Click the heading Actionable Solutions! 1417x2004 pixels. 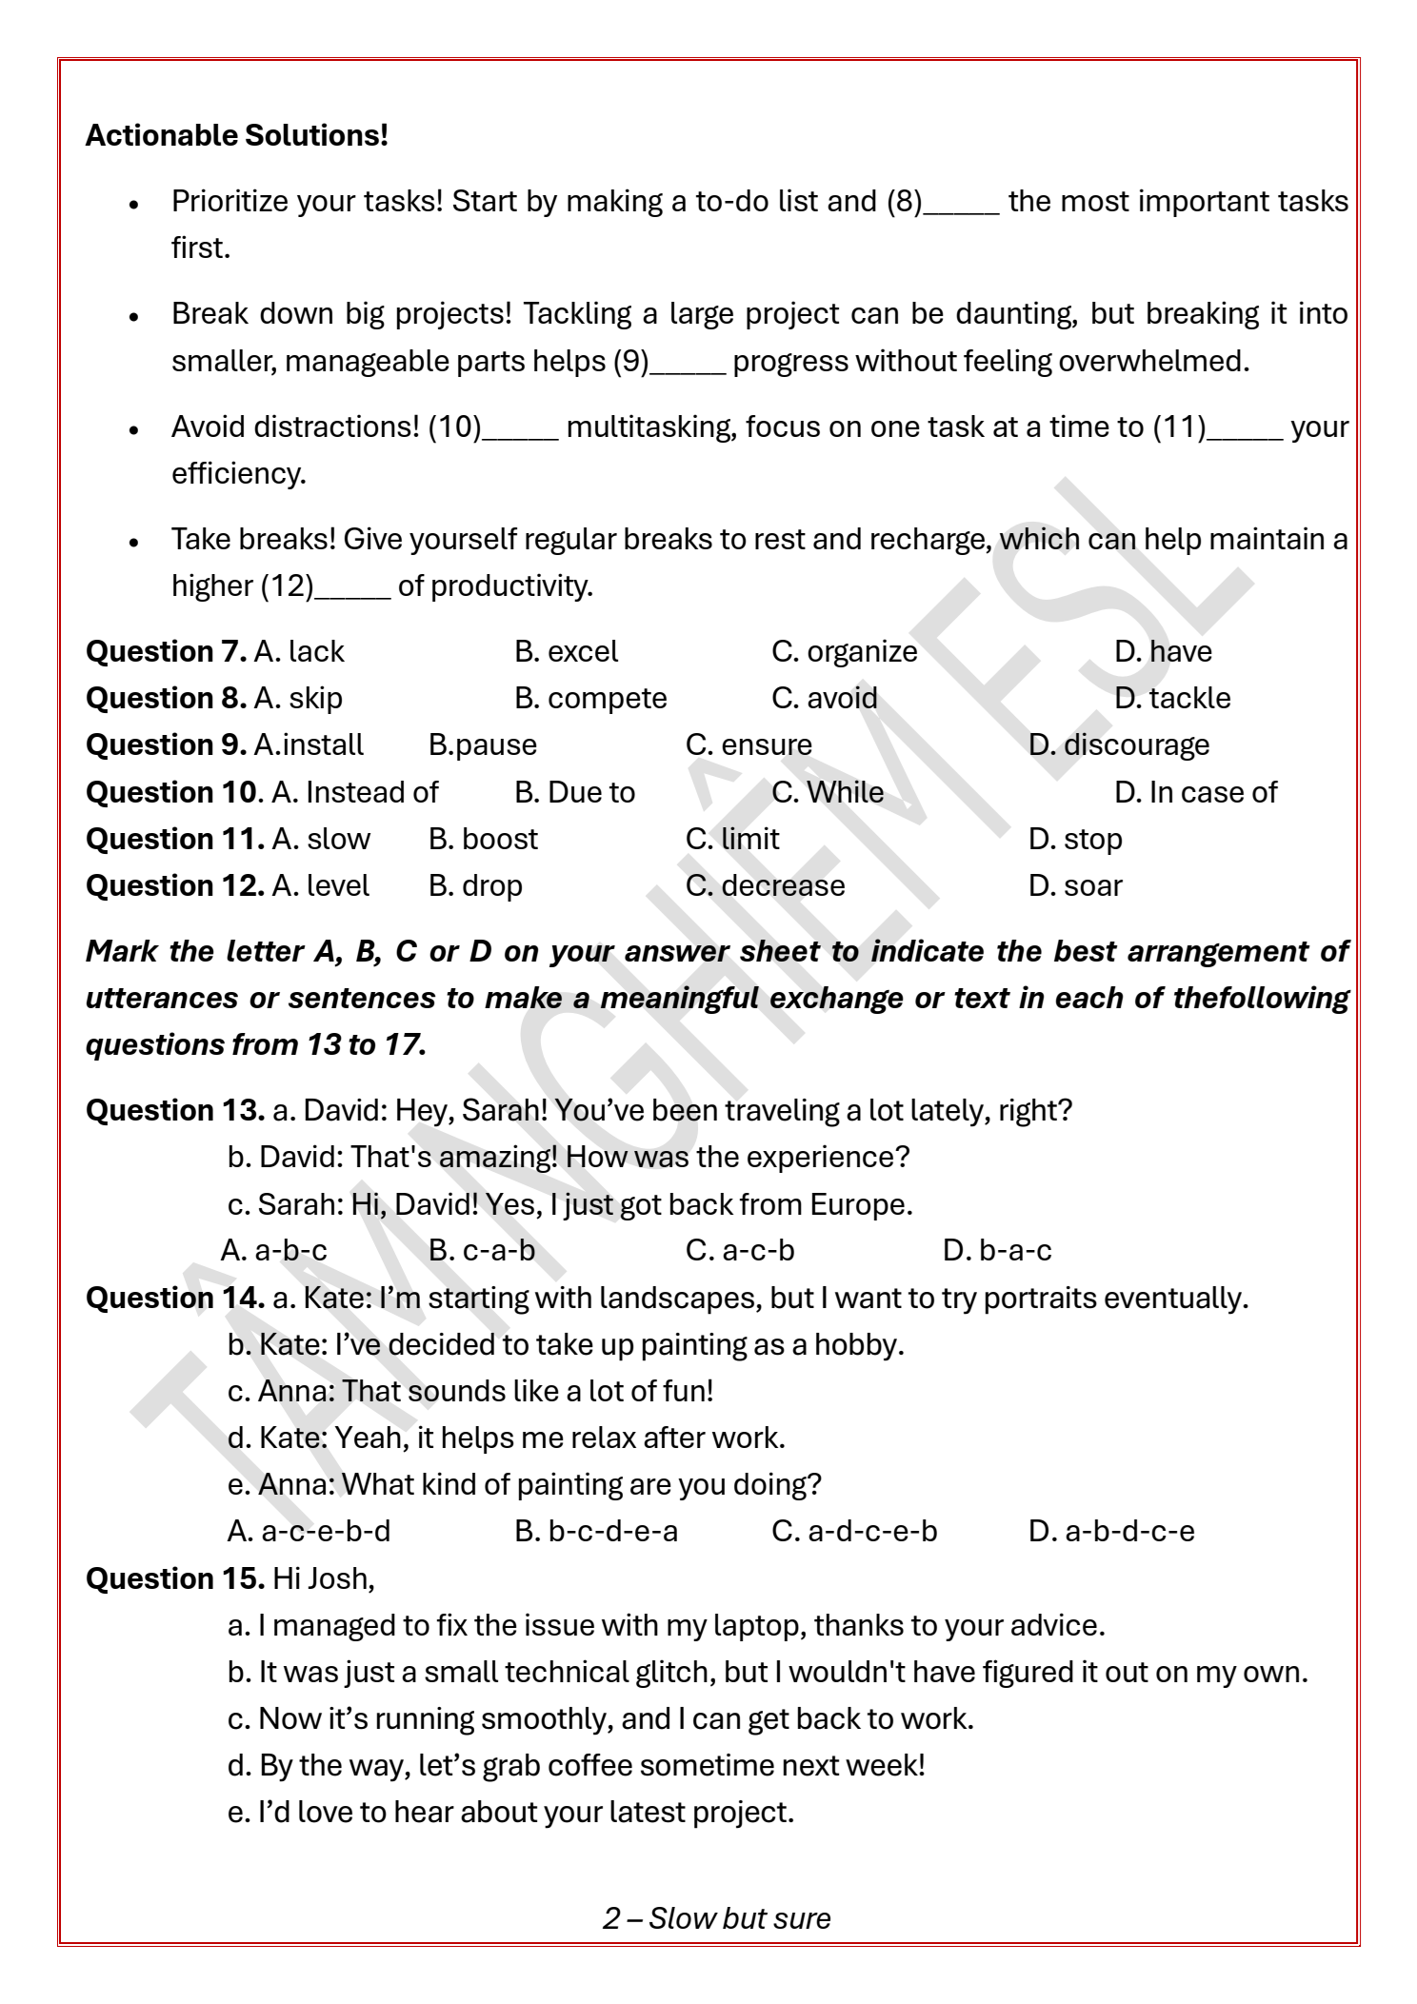(x=237, y=135)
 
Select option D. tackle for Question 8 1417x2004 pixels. (x=1171, y=698)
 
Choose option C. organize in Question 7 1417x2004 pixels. (x=844, y=651)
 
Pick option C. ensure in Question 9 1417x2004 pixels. (x=748, y=744)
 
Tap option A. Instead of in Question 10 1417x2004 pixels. (x=354, y=792)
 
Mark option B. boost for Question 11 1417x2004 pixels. (x=483, y=839)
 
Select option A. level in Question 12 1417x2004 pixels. (x=320, y=885)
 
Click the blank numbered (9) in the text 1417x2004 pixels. (x=688, y=362)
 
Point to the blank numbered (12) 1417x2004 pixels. (x=351, y=586)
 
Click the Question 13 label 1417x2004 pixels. (x=175, y=1110)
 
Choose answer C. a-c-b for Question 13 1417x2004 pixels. (x=739, y=1250)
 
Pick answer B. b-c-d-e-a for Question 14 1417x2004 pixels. (x=596, y=1531)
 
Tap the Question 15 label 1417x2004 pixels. (x=175, y=1578)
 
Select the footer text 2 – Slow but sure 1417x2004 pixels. (x=716, y=1917)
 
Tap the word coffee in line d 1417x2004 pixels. (x=589, y=1765)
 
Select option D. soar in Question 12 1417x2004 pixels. (x=1075, y=885)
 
